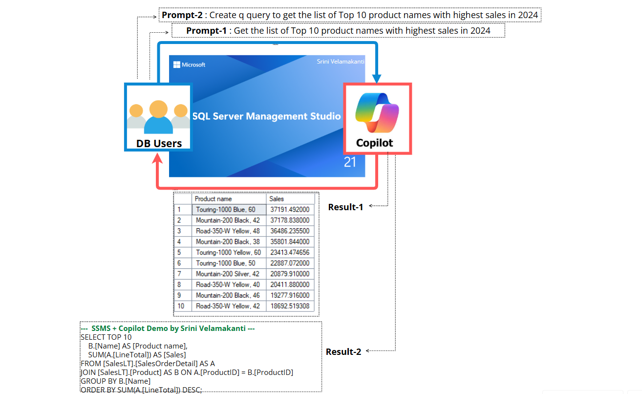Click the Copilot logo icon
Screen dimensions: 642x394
click(x=377, y=113)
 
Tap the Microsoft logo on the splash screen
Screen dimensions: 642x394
click(x=176, y=65)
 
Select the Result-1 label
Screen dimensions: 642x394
click(x=345, y=207)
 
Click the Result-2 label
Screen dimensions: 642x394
click(x=343, y=351)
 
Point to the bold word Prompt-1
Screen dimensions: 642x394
click(x=206, y=31)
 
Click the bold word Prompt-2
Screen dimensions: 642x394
click(x=182, y=15)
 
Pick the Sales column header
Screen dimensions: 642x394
click(x=276, y=199)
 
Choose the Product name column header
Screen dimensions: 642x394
click(x=213, y=199)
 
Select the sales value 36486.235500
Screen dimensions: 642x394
click(x=290, y=231)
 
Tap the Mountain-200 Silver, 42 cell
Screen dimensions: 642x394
click(x=228, y=274)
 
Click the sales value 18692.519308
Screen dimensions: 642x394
click(x=290, y=306)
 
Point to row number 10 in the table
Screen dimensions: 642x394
click(x=181, y=306)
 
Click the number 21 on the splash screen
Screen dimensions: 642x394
click(x=350, y=162)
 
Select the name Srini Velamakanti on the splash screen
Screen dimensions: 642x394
click(x=341, y=62)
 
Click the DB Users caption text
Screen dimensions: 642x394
click(x=159, y=143)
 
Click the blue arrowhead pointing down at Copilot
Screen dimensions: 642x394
click(x=377, y=79)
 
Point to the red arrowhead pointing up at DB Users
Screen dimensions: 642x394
click(x=157, y=158)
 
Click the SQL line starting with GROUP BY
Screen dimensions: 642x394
click(x=115, y=381)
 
